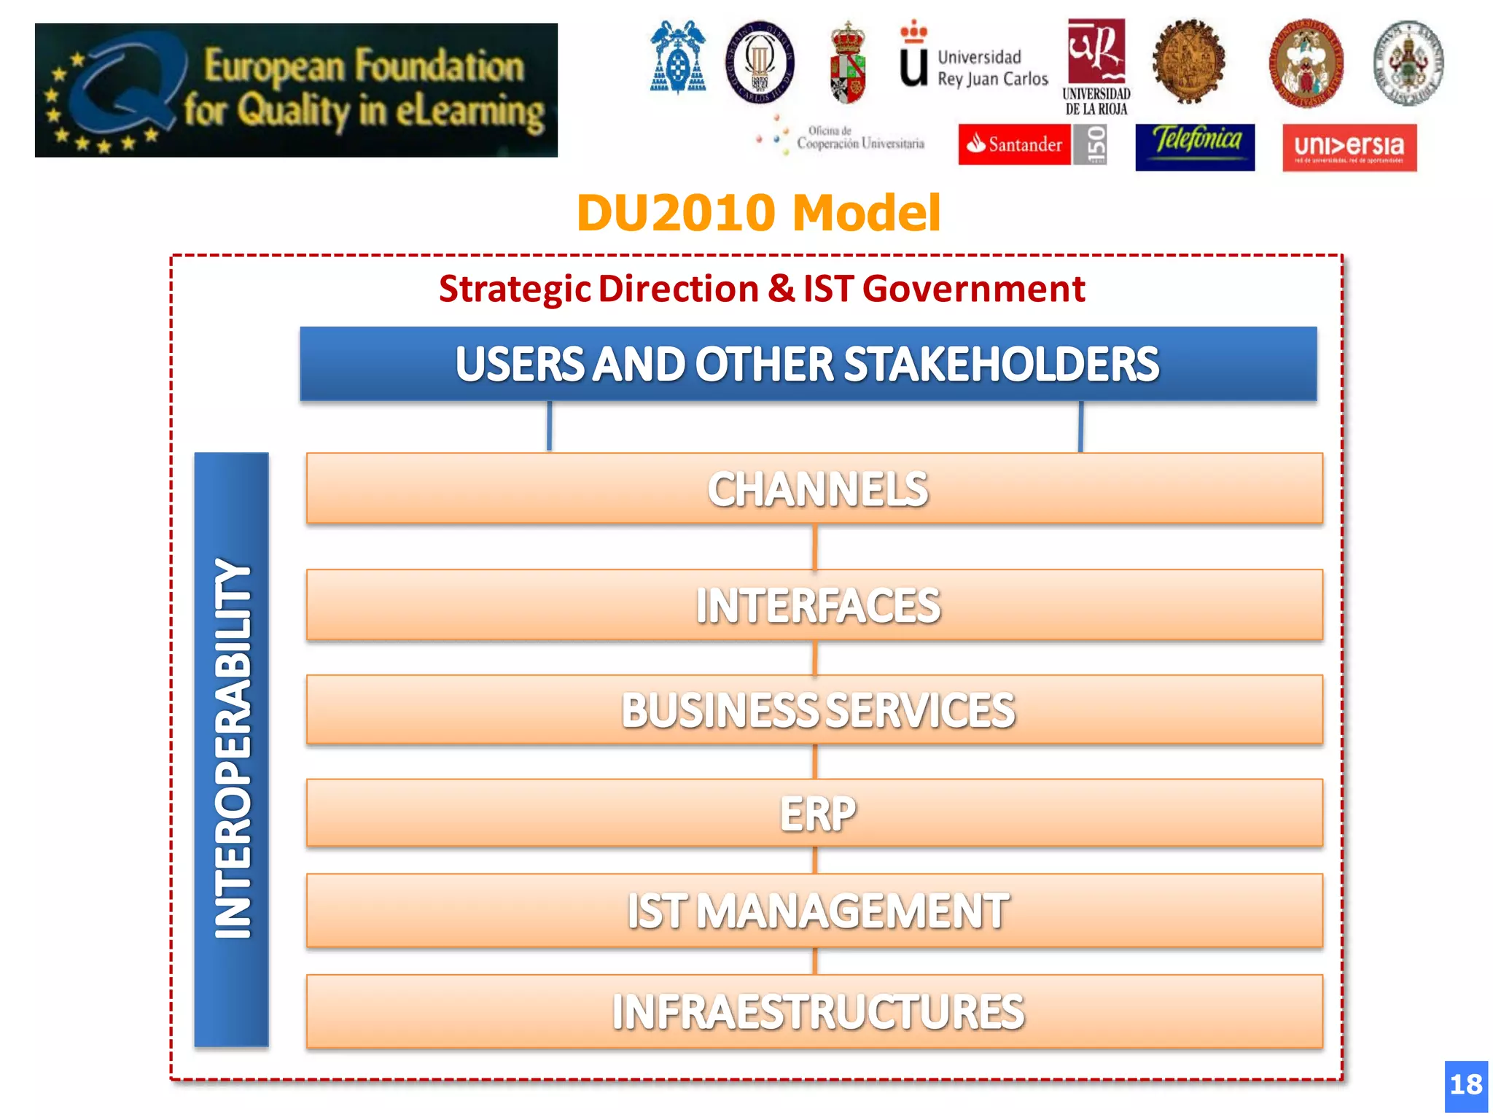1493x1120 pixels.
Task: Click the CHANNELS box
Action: [814, 488]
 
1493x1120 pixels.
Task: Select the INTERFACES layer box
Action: [814, 604]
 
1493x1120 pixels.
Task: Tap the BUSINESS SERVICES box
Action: [814, 709]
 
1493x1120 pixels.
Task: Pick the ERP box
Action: [814, 812]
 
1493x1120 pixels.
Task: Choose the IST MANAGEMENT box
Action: [814, 910]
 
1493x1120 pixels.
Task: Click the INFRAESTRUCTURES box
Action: [814, 1011]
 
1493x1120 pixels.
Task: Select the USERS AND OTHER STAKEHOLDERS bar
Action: [808, 364]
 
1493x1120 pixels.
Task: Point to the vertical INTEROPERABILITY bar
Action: [232, 749]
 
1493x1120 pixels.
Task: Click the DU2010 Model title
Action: [758, 213]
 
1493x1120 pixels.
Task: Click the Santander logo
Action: [1015, 144]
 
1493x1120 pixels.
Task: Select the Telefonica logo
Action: [1195, 147]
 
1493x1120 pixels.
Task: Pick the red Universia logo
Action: [1349, 147]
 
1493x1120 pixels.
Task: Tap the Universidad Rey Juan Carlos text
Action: [992, 68]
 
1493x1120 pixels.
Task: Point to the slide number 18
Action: [1466, 1085]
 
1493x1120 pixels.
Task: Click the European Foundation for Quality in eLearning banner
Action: [296, 90]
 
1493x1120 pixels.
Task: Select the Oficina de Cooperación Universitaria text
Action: [859, 138]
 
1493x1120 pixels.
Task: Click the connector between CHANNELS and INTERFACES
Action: [815, 547]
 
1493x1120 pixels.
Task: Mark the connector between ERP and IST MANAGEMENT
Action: [815, 860]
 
